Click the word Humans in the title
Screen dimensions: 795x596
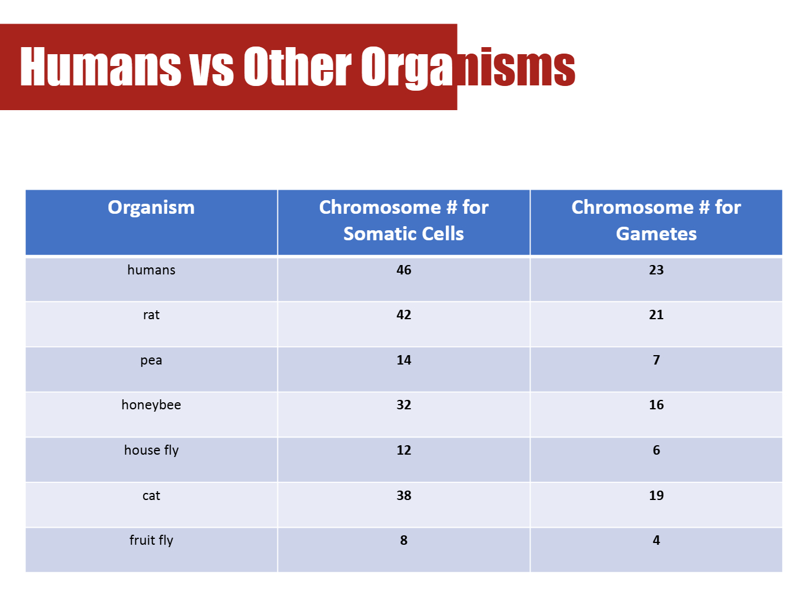[x=100, y=67]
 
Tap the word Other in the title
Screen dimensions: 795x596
[x=297, y=67]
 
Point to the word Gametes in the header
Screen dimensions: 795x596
[x=656, y=234]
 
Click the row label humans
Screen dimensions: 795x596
[x=151, y=270]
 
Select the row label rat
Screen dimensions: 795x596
[x=151, y=314]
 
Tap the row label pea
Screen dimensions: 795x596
[x=151, y=360]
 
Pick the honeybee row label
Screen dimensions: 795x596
[x=151, y=405]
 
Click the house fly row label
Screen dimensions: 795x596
[x=151, y=450]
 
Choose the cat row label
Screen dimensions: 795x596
[x=151, y=495]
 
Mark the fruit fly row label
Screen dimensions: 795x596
[x=151, y=540]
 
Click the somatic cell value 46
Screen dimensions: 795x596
[x=403, y=270]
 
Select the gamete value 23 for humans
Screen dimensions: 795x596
[x=656, y=270]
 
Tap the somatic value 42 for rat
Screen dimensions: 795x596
[x=403, y=314]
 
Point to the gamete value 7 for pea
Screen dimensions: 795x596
[x=656, y=360]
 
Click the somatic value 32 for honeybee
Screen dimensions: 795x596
[x=403, y=405]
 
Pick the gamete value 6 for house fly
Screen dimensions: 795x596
[x=656, y=450]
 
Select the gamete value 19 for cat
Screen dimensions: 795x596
[x=656, y=495]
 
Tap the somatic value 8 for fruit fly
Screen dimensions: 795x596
[x=403, y=540]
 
